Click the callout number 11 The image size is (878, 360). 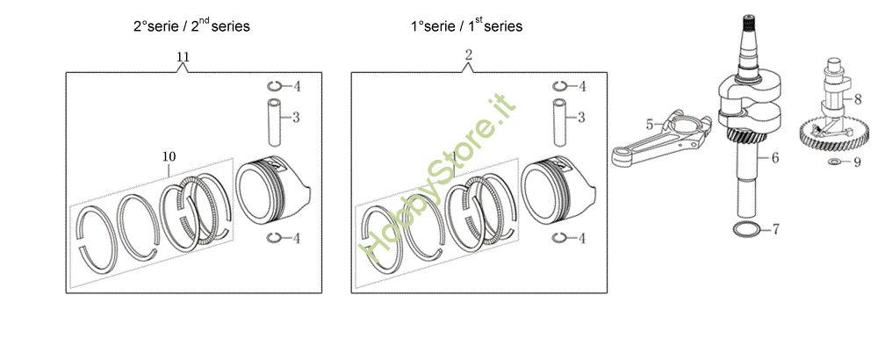pyautogui.click(x=183, y=57)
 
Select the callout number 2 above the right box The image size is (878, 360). pyautogui.click(x=469, y=55)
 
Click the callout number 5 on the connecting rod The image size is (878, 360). pyautogui.click(x=650, y=125)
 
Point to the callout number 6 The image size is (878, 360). pyautogui.click(x=775, y=159)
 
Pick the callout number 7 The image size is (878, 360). pyautogui.click(x=775, y=230)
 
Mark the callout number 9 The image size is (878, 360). pyautogui.click(x=857, y=162)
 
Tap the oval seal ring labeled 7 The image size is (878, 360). pyautogui.click(x=746, y=229)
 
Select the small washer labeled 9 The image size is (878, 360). pyautogui.click(x=832, y=162)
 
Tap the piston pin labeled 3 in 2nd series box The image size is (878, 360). pyautogui.click(x=272, y=122)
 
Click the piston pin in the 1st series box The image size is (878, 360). pyautogui.click(x=558, y=122)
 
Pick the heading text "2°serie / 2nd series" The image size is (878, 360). pyautogui.click(x=191, y=26)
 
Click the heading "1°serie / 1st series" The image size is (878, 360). pyautogui.click(x=466, y=26)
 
